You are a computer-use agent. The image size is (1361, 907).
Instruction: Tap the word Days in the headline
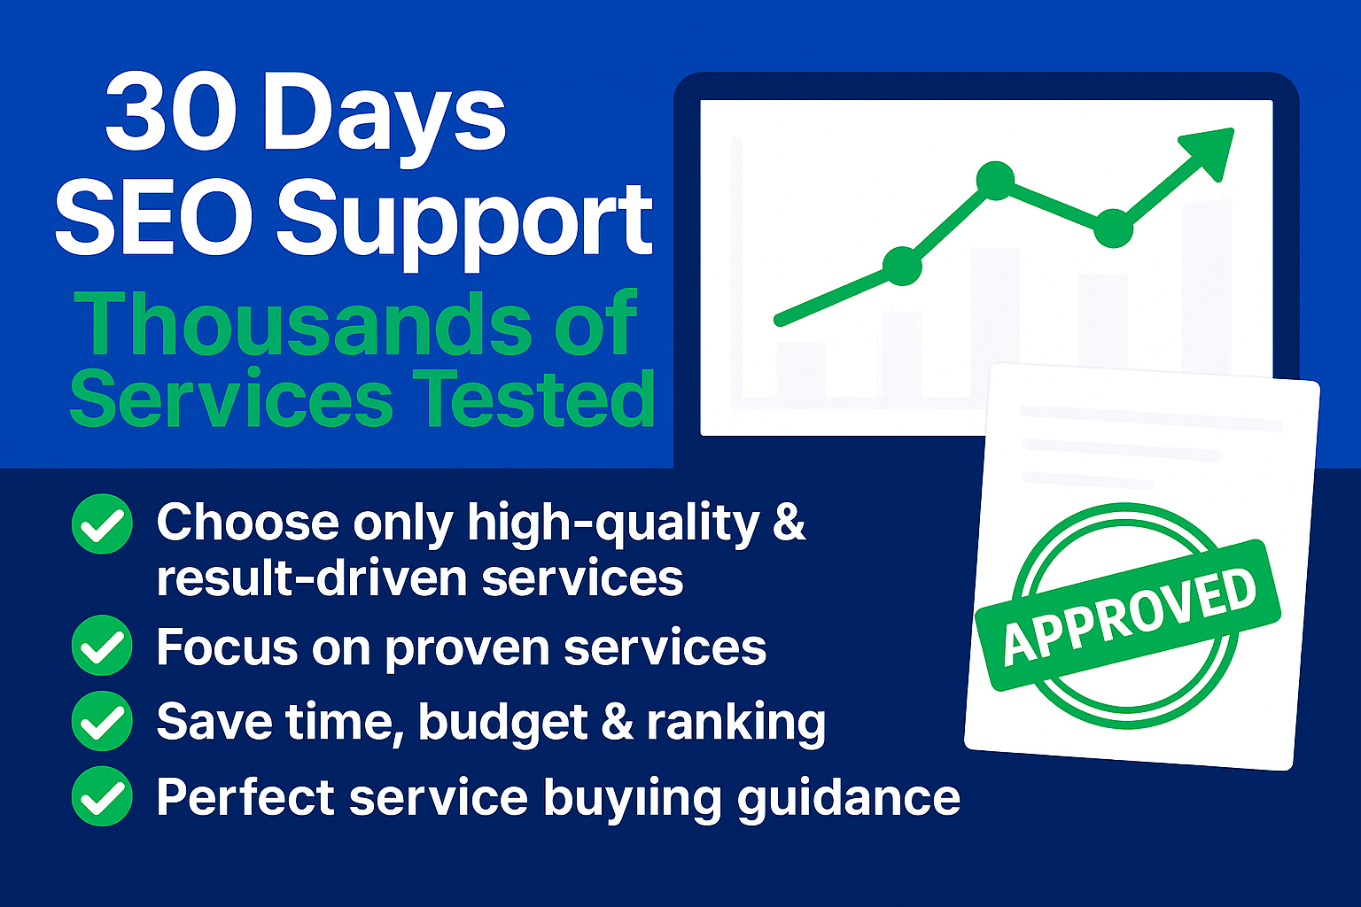[x=385, y=120]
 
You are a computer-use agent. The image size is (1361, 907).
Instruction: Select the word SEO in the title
[x=153, y=218]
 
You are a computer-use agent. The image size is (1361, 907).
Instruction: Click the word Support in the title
[x=465, y=225]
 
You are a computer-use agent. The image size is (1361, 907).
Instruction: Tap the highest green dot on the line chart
[x=995, y=181]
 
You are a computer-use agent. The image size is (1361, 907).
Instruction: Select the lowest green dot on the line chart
[x=902, y=266]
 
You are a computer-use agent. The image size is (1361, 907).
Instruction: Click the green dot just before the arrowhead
[x=1113, y=229]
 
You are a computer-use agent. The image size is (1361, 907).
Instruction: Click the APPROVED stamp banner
[x=1128, y=615]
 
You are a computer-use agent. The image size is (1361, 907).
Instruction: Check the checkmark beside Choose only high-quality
[x=102, y=523]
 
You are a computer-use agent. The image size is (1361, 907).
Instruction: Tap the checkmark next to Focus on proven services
[x=102, y=645]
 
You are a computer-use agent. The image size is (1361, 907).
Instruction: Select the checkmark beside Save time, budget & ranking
[x=102, y=721]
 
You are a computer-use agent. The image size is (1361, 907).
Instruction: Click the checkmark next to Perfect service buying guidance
[x=102, y=795]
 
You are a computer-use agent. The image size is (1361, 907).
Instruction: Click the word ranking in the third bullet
[x=735, y=724]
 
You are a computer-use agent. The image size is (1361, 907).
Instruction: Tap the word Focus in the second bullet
[x=227, y=647]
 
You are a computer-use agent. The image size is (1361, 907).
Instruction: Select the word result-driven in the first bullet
[x=312, y=577]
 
